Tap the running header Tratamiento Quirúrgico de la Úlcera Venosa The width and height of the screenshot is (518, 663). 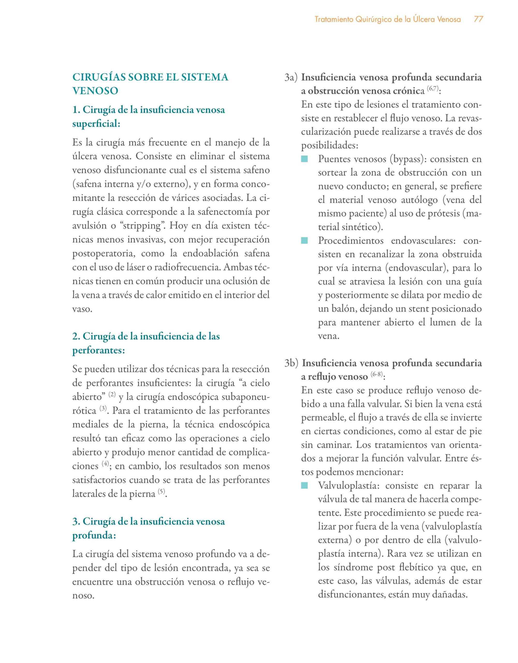[388, 20]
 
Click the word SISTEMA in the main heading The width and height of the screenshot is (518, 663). [205, 77]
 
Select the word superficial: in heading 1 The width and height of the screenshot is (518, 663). [96, 124]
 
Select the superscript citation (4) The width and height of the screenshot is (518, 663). [105, 464]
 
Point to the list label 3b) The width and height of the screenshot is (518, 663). [292, 363]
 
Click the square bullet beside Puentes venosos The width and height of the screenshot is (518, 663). [304, 159]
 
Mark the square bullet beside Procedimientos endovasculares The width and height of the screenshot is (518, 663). [304, 241]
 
